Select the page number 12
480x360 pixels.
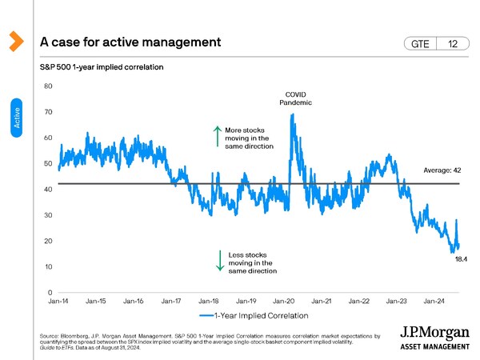click(453, 44)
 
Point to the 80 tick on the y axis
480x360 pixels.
click(48, 86)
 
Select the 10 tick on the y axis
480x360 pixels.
click(48, 266)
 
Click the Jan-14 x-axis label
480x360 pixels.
click(58, 302)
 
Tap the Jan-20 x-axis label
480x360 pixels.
click(284, 302)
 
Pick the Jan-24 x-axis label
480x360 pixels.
click(434, 302)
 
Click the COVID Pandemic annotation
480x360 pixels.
click(295, 98)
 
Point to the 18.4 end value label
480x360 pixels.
click(461, 259)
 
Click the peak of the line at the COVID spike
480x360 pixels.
click(293, 114)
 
